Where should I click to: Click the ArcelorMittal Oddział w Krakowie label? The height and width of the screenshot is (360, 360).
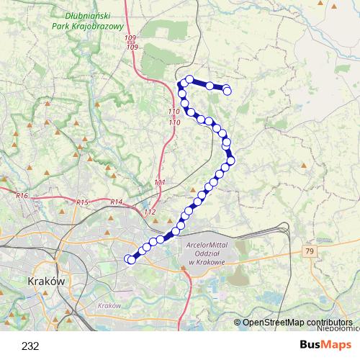(x=206, y=253)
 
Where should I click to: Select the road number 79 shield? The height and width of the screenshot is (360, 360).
(x=310, y=251)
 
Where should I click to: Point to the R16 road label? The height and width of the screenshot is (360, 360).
(x=22, y=195)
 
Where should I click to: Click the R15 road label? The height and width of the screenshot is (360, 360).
(x=82, y=203)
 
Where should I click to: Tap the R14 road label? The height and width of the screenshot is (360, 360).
(x=117, y=202)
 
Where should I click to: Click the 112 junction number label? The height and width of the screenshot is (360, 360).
(x=150, y=212)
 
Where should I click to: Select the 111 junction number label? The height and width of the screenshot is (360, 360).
(x=160, y=182)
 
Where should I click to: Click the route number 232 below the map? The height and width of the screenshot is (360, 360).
(x=30, y=346)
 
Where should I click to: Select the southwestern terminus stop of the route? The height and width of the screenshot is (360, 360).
(x=129, y=259)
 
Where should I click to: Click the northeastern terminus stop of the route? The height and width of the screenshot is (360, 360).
(x=228, y=90)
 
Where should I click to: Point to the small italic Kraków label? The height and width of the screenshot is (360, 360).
(x=109, y=305)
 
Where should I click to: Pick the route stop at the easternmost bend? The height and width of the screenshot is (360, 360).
(x=231, y=159)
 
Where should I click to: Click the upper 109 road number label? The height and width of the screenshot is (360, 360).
(x=130, y=38)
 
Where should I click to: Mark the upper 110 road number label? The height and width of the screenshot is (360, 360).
(x=174, y=112)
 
